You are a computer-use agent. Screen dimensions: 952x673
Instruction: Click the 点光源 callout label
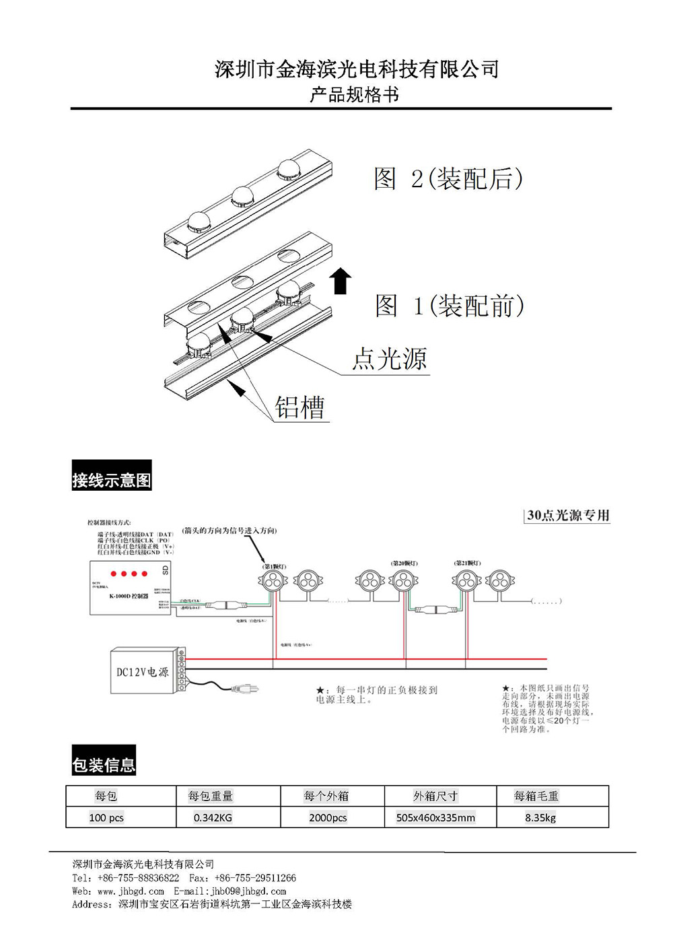pyautogui.click(x=390, y=358)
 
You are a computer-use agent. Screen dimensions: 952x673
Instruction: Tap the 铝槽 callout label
pyautogui.click(x=300, y=407)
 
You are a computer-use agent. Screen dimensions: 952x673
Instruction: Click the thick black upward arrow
pyautogui.click(x=341, y=281)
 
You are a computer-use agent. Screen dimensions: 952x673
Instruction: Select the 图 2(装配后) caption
pyautogui.click(x=448, y=178)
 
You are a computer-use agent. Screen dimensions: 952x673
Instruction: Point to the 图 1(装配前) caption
pyautogui.click(x=450, y=306)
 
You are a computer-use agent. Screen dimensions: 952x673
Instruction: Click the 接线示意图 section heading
pyautogui.click(x=112, y=479)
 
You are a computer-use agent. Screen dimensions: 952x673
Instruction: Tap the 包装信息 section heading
pyautogui.click(x=104, y=764)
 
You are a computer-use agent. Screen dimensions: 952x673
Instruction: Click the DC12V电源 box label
pyautogui.click(x=142, y=672)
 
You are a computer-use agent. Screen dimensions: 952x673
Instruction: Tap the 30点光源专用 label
pyautogui.click(x=568, y=515)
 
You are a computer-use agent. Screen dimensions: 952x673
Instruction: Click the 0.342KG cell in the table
pyautogui.click(x=213, y=818)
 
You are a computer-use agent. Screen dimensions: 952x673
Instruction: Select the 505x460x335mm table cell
pyautogui.click(x=435, y=818)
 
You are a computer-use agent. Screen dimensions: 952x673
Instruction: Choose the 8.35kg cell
pyautogui.click(x=540, y=818)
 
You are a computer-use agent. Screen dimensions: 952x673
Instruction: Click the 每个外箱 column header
pyautogui.click(x=326, y=796)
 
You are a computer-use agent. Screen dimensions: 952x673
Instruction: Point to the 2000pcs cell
pyautogui.click(x=328, y=818)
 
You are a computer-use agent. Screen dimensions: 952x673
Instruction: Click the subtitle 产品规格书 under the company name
pyautogui.click(x=354, y=95)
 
